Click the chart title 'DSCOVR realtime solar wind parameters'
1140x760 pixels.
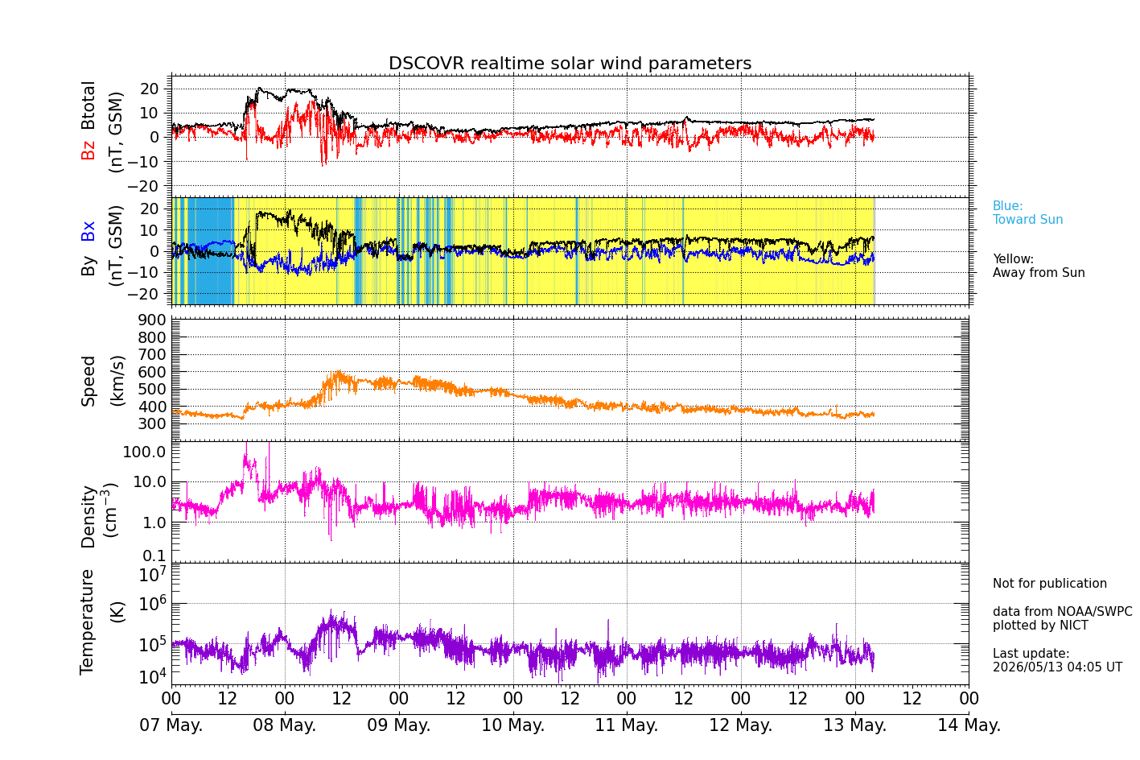[x=570, y=63]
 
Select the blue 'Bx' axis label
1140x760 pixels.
[x=88, y=231]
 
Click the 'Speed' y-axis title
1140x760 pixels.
[x=88, y=381]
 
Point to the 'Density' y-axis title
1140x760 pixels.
[x=88, y=517]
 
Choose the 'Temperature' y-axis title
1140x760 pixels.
[x=87, y=622]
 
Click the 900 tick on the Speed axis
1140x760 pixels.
[x=152, y=320]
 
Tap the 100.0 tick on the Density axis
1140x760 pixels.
[x=144, y=452]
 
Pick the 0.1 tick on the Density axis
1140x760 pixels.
[x=154, y=556]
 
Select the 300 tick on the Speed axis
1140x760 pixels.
[x=152, y=423]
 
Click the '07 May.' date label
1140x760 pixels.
[x=171, y=725]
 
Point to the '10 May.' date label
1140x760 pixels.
[x=513, y=725]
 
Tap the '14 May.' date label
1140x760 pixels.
[x=969, y=725]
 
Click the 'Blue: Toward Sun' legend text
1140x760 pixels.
[x=1027, y=213]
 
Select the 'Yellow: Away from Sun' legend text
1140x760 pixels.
[x=1039, y=266]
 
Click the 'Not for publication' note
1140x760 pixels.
[x=1049, y=583]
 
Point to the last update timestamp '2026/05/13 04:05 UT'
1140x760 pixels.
[x=1058, y=667]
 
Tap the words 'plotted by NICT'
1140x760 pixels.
[x=1040, y=625]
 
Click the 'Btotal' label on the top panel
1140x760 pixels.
[x=88, y=105]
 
